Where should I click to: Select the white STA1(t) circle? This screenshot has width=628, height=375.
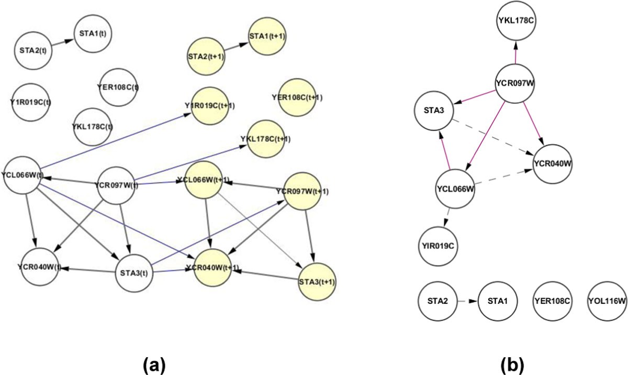[94, 34]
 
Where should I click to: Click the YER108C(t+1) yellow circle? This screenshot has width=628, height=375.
[297, 98]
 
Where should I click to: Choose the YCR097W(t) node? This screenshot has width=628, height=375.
[117, 185]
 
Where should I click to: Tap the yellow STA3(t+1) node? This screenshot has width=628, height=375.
[317, 281]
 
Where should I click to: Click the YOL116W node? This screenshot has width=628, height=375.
[607, 301]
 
